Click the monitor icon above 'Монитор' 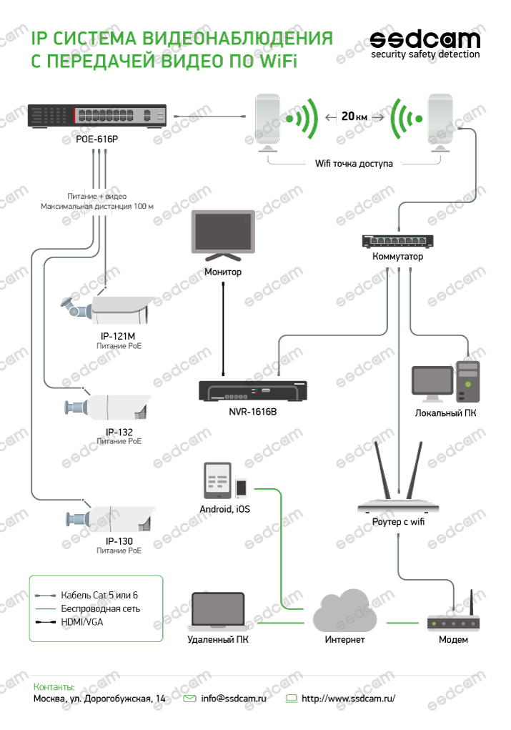point(223,236)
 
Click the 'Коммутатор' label point(397,257)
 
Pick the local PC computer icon point(445,383)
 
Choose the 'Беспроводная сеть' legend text point(101,608)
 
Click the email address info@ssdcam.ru point(233,698)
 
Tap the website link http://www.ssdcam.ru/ point(348,698)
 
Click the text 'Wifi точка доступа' point(354,163)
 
